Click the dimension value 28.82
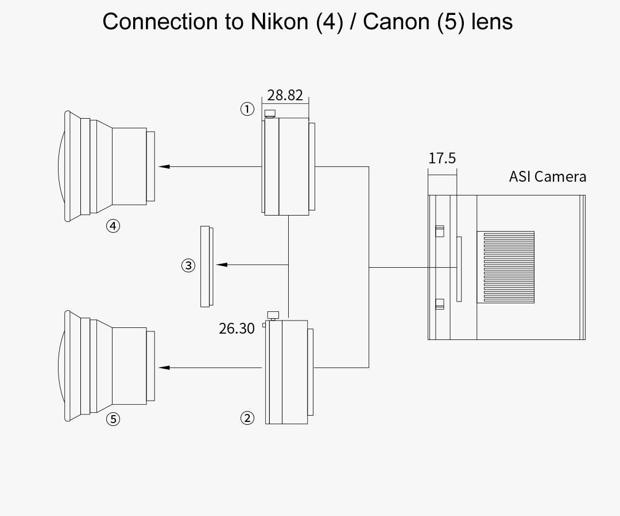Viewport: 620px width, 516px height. pos(285,95)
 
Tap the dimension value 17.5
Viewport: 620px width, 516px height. pos(442,158)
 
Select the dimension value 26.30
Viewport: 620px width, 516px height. pos(237,329)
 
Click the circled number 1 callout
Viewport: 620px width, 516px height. pos(247,109)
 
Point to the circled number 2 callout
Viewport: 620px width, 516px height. pos(247,418)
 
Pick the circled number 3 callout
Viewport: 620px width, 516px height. pos(188,265)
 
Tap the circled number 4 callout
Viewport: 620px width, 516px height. pos(113,226)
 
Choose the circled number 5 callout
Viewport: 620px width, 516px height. pos(113,419)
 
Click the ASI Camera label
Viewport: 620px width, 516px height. pos(548,177)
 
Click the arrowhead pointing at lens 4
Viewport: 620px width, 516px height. pos(164,167)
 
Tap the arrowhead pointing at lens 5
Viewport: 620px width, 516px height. pos(164,368)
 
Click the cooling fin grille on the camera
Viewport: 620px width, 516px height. pos(505,267)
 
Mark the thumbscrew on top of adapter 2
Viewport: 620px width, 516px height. pos(273,315)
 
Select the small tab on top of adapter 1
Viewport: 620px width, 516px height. pos(270,114)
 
